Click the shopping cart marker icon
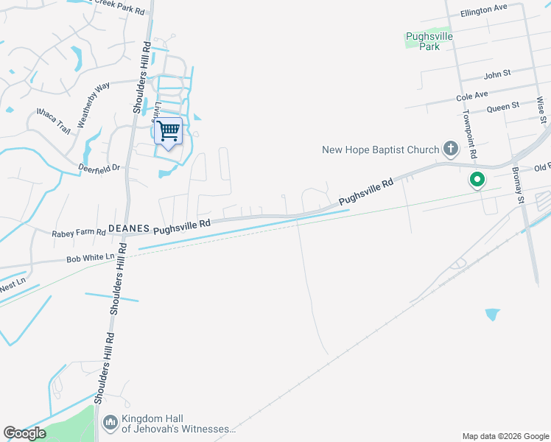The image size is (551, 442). [x=169, y=132]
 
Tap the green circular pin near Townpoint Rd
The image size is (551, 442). [x=477, y=179]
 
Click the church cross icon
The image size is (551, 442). [x=451, y=150]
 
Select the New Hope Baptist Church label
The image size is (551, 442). [x=380, y=150]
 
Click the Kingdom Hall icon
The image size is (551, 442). [x=110, y=422]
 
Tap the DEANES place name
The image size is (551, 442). [x=129, y=229]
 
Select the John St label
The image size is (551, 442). [x=497, y=75]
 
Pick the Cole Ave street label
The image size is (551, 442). [x=472, y=96]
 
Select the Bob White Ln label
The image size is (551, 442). [x=91, y=259]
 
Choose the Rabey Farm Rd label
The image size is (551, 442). [x=79, y=233]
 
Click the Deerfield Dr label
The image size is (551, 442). [x=99, y=168]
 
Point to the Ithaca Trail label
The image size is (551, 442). [x=53, y=120]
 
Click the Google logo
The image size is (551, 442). [x=24, y=433]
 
